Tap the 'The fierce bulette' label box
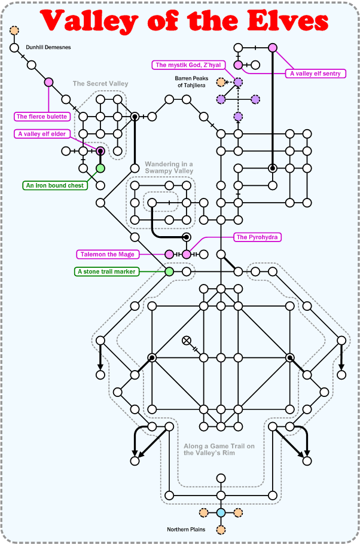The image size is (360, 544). point(42,117)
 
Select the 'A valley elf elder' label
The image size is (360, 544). point(42,134)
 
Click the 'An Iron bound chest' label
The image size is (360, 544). point(54,185)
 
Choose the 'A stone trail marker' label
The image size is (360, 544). point(108,272)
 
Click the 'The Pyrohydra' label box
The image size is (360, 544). point(258,237)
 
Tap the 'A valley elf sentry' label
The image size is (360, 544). point(315,74)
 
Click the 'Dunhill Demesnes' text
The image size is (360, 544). point(48,47)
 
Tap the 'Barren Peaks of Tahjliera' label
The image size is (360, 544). point(191,82)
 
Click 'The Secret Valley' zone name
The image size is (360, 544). point(100,84)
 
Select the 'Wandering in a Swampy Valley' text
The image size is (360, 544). point(169,167)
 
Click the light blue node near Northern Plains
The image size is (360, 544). point(221,513)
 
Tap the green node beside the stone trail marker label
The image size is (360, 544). point(169,272)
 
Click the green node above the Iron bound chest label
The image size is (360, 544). point(100,169)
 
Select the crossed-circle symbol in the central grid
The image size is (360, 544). point(187,341)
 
